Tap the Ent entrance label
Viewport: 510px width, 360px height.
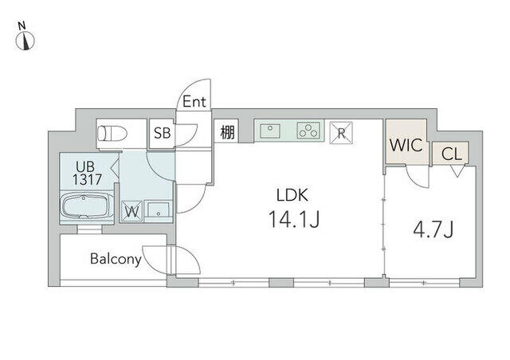coord(194,102)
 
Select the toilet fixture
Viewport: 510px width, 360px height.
coord(112,133)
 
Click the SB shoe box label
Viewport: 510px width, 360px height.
coord(162,133)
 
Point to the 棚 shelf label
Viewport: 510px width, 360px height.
coord(227,132)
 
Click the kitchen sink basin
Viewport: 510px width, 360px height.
coord(269,131)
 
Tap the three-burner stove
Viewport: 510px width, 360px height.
coord(308,131)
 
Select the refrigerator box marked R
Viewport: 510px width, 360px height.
coord(341,133)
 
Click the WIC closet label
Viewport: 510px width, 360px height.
coord(406,145)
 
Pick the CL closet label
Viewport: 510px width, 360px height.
coord(452,154)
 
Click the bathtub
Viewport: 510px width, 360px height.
coord(87,205)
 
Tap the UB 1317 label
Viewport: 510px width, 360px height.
coord(87,173)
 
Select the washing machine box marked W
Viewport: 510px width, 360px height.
coord(131,212)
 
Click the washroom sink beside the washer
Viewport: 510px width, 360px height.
coord(158,211)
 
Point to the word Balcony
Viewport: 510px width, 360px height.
coord(116,259)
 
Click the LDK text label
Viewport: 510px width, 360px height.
coord(292,195)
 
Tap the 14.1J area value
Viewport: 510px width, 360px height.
coord(294,219)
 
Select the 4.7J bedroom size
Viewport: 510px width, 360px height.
coord(433,229)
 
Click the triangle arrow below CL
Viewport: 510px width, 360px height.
coord(457,171)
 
